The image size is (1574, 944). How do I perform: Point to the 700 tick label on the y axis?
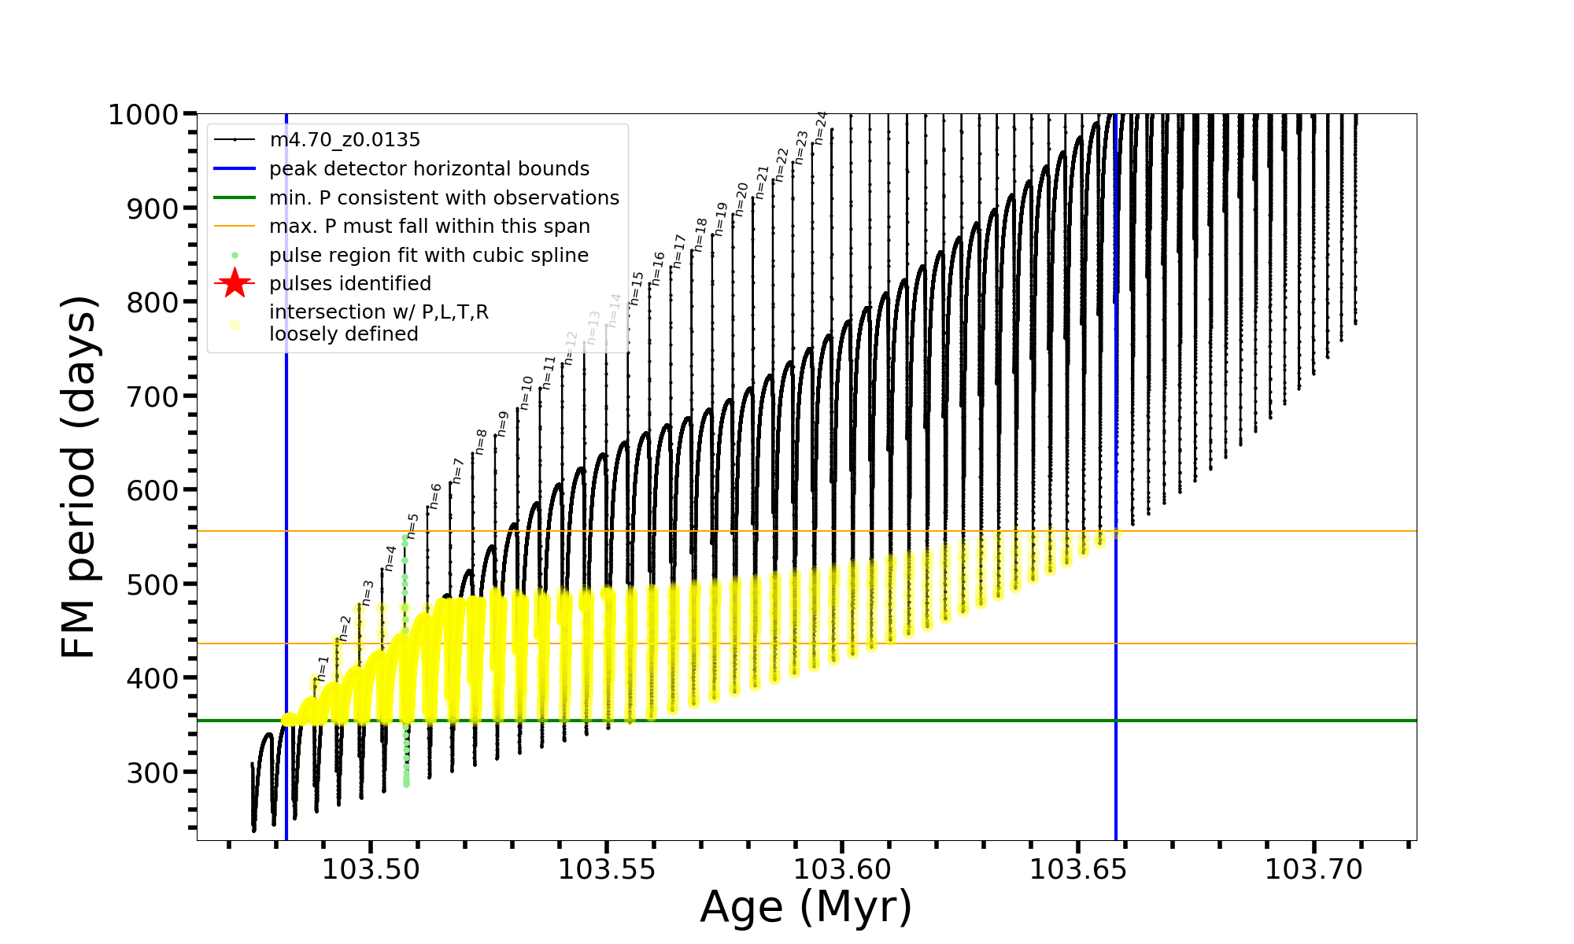[x=154, y=396]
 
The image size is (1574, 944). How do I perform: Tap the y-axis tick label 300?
[x=154, y=773]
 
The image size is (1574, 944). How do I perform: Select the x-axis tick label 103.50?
[x=371, y=869]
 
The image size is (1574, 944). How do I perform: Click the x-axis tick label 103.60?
[x=842, y=869]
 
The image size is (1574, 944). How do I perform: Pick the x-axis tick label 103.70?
[x=1314, y=869]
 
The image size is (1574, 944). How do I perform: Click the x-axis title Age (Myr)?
[x=806, y=907]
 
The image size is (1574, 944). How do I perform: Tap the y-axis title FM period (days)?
[x=79, y=477]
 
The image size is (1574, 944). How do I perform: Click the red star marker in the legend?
[x=235, y=283]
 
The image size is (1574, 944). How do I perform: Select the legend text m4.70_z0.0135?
[x=345, y=140]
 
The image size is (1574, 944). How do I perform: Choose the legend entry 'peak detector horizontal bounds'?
[x=429, y=169]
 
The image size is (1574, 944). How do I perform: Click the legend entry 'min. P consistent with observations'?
[x=444, y=197]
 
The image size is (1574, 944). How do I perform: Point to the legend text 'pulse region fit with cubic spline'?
[x=429, y=256]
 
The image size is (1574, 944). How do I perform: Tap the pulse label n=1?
[x=322, y=668]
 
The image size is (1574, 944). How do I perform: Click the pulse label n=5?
[x=412, y=525]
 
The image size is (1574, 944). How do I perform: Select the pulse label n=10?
[x=527, y=392]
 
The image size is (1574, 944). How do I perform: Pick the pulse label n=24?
[x=820, y=127]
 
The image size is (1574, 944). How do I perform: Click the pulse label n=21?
[x=761, y=182]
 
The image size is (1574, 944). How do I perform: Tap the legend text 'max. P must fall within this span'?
[x=430, y=227]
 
